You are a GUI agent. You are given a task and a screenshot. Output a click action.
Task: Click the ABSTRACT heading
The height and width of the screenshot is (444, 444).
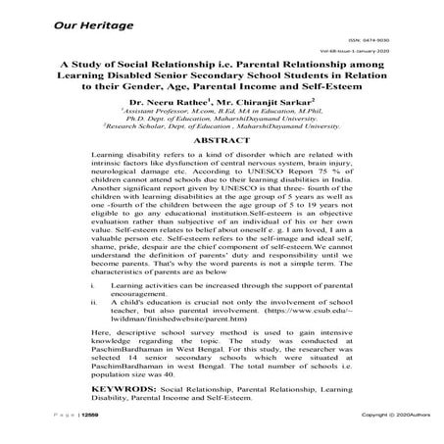222,141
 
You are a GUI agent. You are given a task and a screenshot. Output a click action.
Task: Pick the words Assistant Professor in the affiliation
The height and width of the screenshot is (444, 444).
156,112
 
